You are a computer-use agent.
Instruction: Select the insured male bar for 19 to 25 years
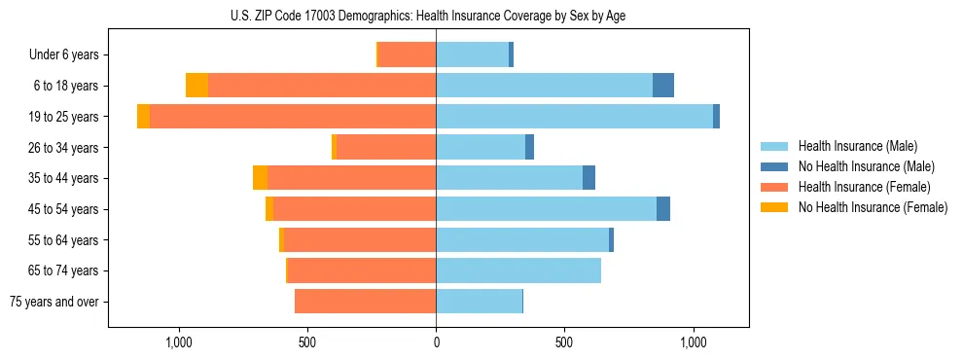coord(574,116)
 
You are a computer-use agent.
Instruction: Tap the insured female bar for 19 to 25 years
coord(292,116)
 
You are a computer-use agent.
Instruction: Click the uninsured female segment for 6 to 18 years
coord(196,86)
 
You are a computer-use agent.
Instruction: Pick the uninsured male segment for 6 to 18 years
coord(663,86)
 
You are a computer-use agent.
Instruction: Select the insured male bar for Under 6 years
coord(472,54)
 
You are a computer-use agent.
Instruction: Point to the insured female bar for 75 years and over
coord(365,302)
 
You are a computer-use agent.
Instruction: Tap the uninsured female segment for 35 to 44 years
coord(260,178)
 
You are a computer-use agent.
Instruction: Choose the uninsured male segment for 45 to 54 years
coord(663,209)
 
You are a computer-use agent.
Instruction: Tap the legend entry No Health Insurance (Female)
coord(873,207)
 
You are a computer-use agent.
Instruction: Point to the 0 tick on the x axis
coord(436,342)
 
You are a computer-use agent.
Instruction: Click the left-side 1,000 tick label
coord(179,342)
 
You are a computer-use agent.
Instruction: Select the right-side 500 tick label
coord(564,342)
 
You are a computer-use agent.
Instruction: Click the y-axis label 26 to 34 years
coord(64,147)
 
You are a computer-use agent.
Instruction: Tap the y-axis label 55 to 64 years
coord(64,239)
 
